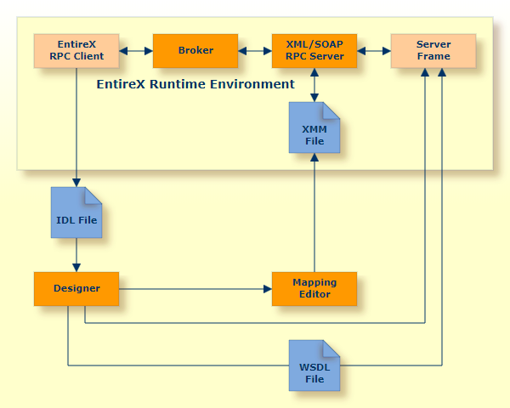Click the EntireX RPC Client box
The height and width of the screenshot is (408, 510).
pyautogui.click(x=76, y=51)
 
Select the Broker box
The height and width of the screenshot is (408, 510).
pyautogui.click(x=195, y=51)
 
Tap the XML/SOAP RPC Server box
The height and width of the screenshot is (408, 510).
pyautogui.click(x=314, y=51)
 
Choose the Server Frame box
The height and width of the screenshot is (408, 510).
pyautogui.click(x=433, y=51)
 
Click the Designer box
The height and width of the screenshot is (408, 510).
pyautogui.click(x=76, y=289)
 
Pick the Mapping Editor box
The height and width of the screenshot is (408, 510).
pyautogui.click(x=314, y=289)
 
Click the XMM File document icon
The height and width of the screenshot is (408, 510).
pyautogui.click(x=314, y=127)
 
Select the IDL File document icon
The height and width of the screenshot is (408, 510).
pyautogui.click(x=76, y=212)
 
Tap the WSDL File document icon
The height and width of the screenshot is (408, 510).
pyautogui.click(x=314, y=365)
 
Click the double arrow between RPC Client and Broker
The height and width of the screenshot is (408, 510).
pyautogui.click(x=136, y=51)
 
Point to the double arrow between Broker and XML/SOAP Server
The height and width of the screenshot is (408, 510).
pyautogui.click(x=255, y=51)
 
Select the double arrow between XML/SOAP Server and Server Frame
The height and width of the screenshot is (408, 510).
pyautogui.click(x=374, y=51)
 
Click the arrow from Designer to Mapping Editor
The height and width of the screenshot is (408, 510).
pyautogui.click(x=195, y=289)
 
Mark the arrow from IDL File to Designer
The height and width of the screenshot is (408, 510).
pyautogui.click(x=76, y=255)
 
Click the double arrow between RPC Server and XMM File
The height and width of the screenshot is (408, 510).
pyautogui.click(x=314, y=85)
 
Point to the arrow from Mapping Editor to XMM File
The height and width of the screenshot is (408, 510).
pyautogui.click(x=314, y=212)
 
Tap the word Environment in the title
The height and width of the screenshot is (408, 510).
pyautogui.click(x=252, y=84)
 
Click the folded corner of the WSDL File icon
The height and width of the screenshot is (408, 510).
pyautogui.click(x=331, y=348)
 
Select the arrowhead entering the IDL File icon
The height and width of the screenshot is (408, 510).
pyautogui.click(x=76, y=183)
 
